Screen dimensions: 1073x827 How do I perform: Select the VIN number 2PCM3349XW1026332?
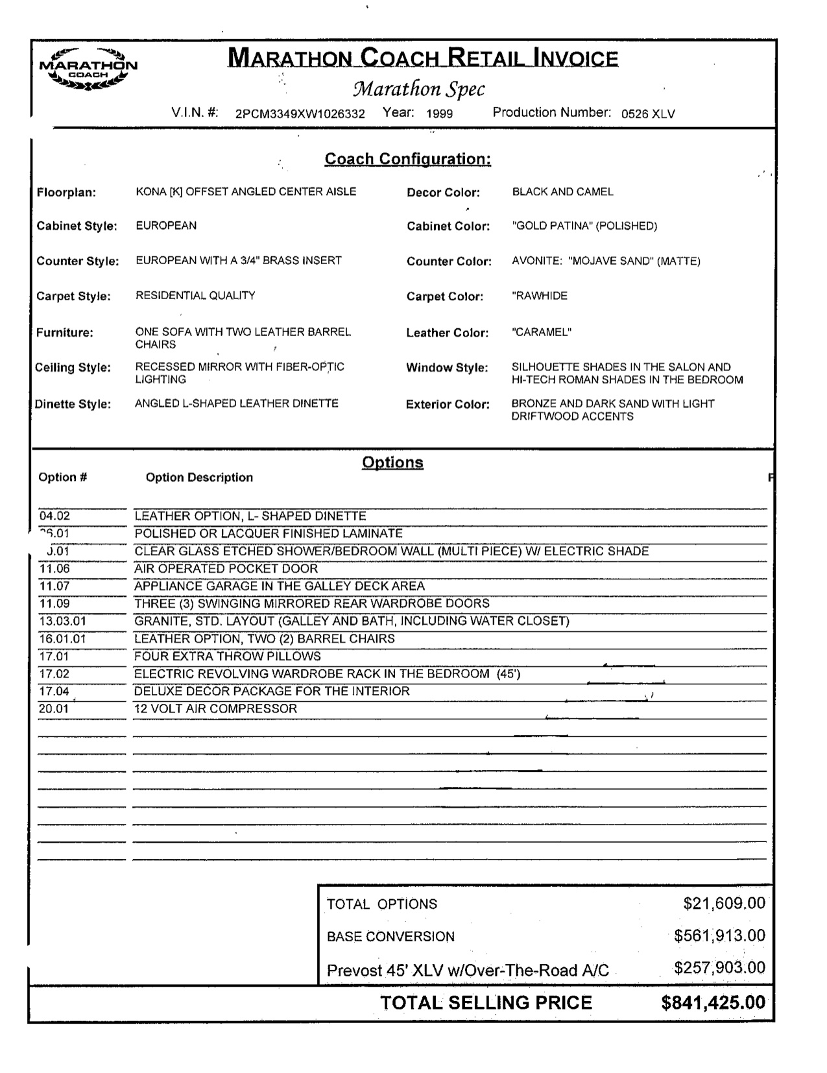coord(300,114)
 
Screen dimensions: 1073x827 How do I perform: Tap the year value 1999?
coord(439,114)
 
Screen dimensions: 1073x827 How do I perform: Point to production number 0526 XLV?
coord(647,114)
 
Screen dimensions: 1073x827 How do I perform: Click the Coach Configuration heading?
coord(407,159)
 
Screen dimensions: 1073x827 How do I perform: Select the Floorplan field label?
coord(66,193)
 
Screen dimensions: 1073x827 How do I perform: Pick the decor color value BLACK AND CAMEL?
coord(562,192)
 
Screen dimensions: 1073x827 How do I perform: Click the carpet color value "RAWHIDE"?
coord(539,296)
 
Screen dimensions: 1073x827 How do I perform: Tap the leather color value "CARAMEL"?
coord(541,333)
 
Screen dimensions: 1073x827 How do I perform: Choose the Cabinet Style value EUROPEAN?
coord(166,226)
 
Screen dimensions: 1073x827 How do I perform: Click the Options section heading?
coord(392,463)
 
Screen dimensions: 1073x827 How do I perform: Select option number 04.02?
coord(54,516)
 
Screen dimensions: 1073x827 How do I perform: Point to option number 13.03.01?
coord(62,621)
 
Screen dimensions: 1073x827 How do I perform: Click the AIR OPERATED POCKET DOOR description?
coord(226,569)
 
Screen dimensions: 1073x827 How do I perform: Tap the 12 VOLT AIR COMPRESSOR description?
coord(215,709)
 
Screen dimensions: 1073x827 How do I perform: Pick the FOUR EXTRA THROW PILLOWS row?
coord(227,657)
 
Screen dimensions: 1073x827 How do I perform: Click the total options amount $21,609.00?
coord(724,904)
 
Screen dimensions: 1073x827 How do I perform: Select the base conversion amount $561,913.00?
coord(719,936)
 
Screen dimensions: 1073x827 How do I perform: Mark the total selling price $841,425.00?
coord(713,1003)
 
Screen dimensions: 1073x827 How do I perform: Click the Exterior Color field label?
coord(448,405)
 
